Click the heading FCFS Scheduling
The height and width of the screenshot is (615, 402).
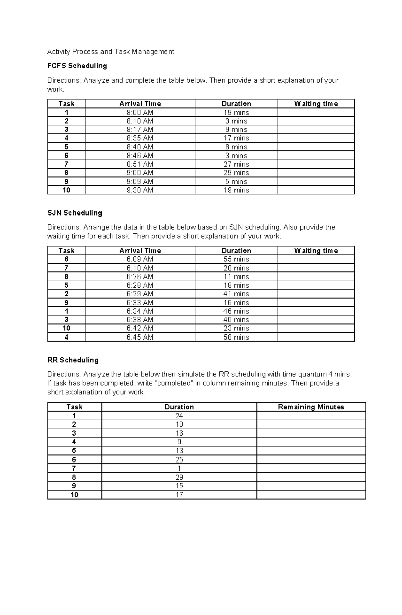(x=77, y=66)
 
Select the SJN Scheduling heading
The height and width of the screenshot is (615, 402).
(x=74, y=213)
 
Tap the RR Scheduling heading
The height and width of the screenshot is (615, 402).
(x=73, y=360)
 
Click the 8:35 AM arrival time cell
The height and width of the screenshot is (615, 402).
(x=140, y=138)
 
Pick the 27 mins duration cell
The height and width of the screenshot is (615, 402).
(x=236, y=164)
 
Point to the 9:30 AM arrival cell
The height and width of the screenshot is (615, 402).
(x=140, y=190)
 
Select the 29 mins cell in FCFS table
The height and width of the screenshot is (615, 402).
(x=236, y=173)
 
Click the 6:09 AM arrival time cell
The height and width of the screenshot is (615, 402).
(x=140, y=259)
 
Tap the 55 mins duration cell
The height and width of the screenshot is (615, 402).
(x=236, y=259)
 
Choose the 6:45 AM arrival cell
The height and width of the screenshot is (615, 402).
(x=140, y=337)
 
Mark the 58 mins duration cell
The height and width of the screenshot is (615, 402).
(x=236, y=337)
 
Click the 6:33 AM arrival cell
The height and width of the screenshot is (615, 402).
(x=140, y=303)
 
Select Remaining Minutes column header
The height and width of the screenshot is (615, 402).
(x=311, y=407)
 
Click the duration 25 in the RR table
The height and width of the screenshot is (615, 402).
(x=179, y=460)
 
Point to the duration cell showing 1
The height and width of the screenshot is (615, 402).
(x=179, y=469)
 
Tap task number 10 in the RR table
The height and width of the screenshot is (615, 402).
(x=74, y=495)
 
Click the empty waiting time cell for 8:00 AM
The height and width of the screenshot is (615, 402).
(x=316, y=113)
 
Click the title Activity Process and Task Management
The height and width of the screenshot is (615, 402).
(x=111, y=52)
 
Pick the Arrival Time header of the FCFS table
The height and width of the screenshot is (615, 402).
(x=140, y=104)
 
